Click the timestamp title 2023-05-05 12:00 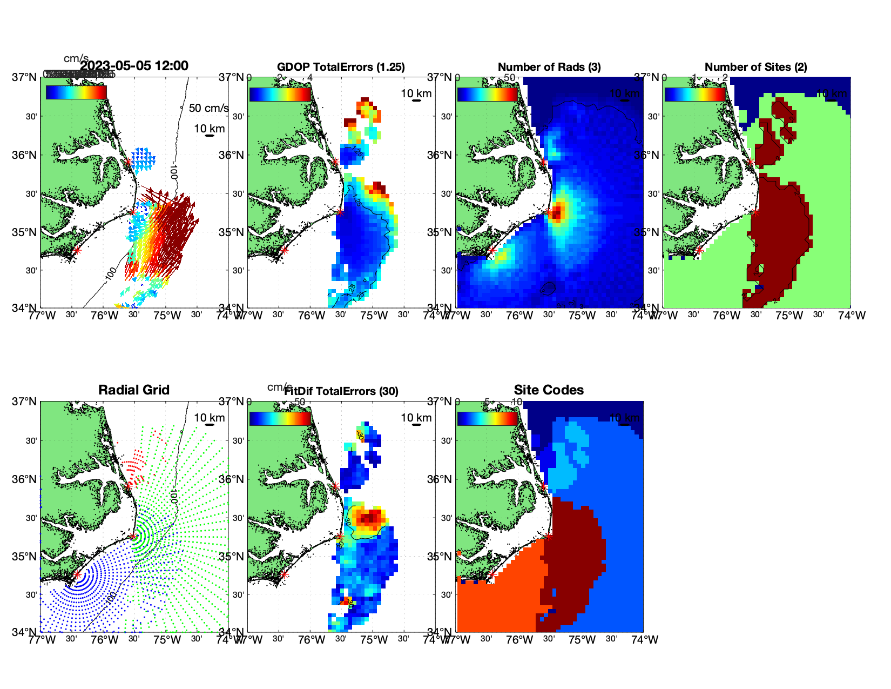point(134,66)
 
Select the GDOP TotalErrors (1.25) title point(341,67)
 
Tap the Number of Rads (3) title point(549,67)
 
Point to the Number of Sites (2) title point(755,67)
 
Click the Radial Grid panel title point(134,390)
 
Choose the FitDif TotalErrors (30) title point(341,391)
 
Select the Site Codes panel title point(549,390)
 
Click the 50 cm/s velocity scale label point(208,108)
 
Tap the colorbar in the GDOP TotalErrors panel point(280,94)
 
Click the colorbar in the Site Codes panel point(488,419)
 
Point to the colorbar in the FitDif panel point(280,419)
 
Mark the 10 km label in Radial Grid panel point(209,418)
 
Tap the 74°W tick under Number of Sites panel point(852,316)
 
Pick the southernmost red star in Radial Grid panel point(77,575)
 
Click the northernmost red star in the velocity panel point(128,162)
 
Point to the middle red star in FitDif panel point(340,537)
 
